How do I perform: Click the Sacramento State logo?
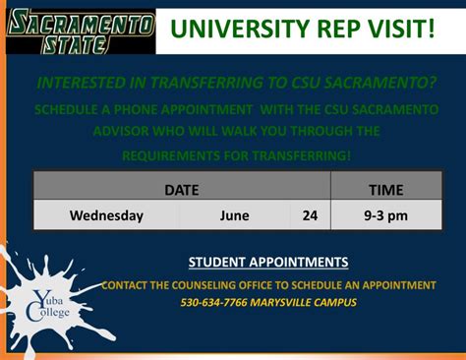coord(78,32)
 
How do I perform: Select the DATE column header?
coord(181,189)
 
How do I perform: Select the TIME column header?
coord(385,189)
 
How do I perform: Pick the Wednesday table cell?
coord(106,215)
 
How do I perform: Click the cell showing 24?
coord(310,215)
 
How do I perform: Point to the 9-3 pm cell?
coord(385,215)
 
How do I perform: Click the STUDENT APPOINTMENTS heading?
coord(267,263)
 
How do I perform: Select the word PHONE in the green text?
coord(132,106)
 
